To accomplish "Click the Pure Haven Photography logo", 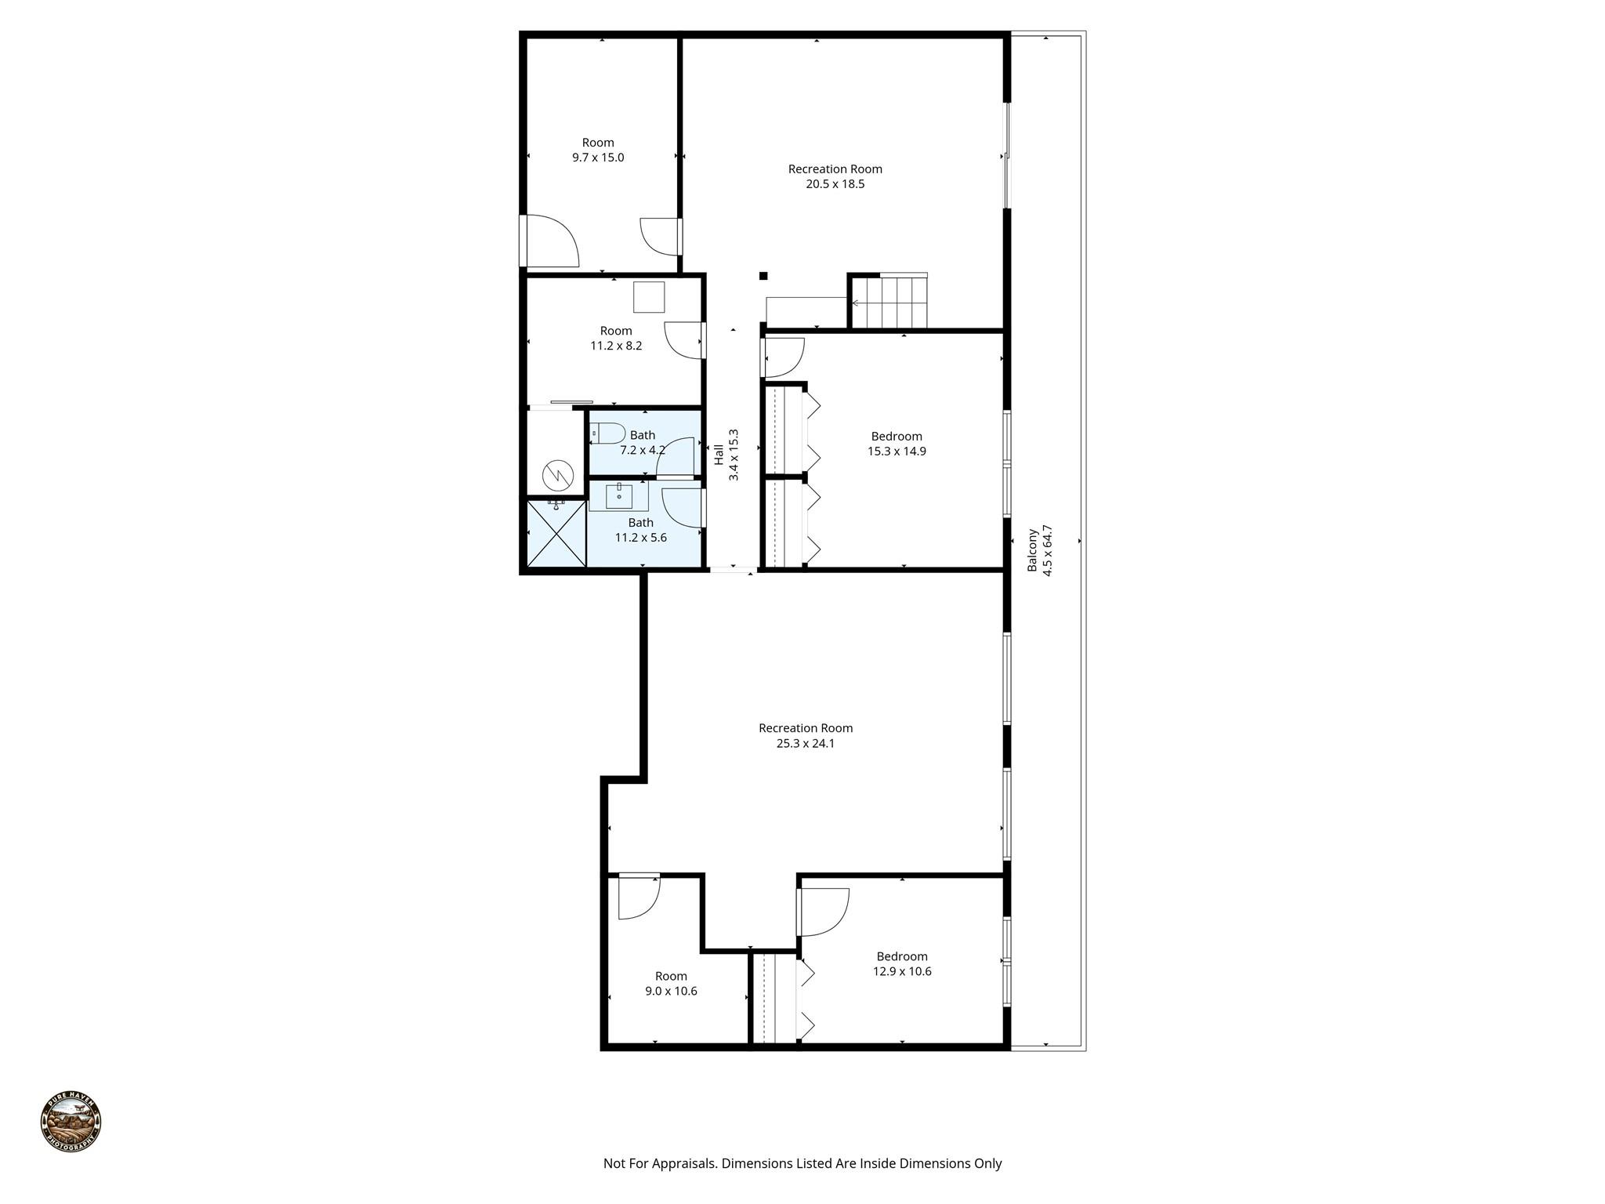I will coord(71,1122).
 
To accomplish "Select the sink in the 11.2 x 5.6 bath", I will coord(618,495).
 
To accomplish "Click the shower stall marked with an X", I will coord(556,533).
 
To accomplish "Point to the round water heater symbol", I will coord(557,473).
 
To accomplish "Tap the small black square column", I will coord(763,275).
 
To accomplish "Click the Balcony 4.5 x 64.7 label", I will coord(1040,551).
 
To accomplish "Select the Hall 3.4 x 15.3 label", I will coord(726,455).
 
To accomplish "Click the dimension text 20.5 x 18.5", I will coord(835,184).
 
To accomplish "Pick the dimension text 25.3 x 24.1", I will coord(805,743).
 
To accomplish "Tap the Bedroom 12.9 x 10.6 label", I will coord(901,963).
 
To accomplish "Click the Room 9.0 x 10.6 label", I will coord(671,983).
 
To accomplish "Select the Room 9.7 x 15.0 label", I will coord(598,150).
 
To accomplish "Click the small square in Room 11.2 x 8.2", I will coord(649,297).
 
